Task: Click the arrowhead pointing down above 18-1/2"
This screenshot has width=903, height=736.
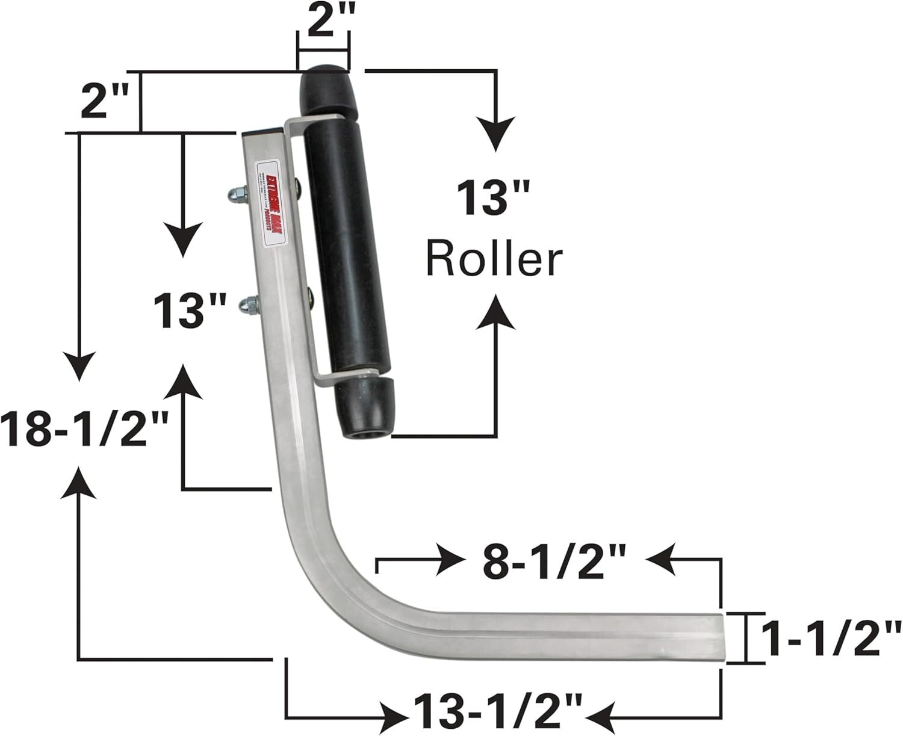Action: click(x=78, y=366)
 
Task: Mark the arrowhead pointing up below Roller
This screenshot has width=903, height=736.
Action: click(x=495, y=312)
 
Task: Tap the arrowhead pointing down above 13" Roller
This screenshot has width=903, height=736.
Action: click(x=495, y=134)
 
